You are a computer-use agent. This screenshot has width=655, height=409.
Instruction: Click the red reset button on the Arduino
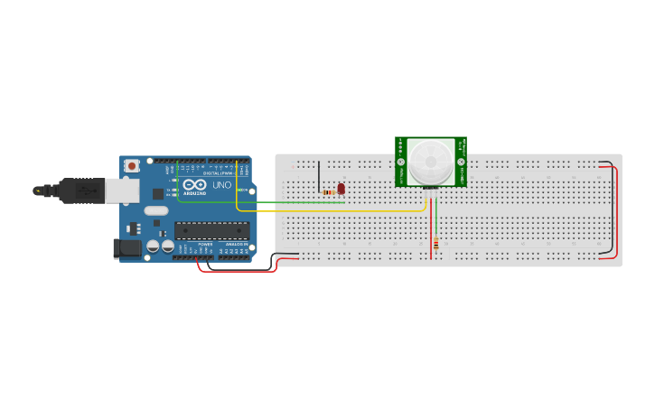(133, 165)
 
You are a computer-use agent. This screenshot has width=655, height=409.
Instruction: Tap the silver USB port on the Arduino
(121, 190)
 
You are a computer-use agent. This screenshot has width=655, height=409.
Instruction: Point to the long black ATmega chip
(211, 230)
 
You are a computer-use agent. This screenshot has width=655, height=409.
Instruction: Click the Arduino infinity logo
(194, 184)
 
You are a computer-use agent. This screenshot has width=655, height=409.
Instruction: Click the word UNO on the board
(221, 185)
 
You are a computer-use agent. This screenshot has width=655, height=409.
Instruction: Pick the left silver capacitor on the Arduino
(154, 245)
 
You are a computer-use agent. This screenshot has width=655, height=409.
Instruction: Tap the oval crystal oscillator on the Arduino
(155, 211)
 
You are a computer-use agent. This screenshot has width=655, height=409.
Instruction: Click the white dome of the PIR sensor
(430, 163)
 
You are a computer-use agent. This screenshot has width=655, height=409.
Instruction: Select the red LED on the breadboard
(341, 189)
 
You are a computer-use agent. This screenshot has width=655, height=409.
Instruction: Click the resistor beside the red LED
(329, 192)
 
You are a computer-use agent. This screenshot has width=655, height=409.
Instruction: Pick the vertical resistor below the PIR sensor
(436, 244)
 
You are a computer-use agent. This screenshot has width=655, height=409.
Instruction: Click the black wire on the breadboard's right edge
(612, 208)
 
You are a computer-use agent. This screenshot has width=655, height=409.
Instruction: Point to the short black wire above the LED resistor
(318, 176)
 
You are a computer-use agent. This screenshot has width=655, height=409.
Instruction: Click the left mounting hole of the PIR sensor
(401, 162)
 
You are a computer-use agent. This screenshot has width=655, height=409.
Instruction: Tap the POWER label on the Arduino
(204, 244)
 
